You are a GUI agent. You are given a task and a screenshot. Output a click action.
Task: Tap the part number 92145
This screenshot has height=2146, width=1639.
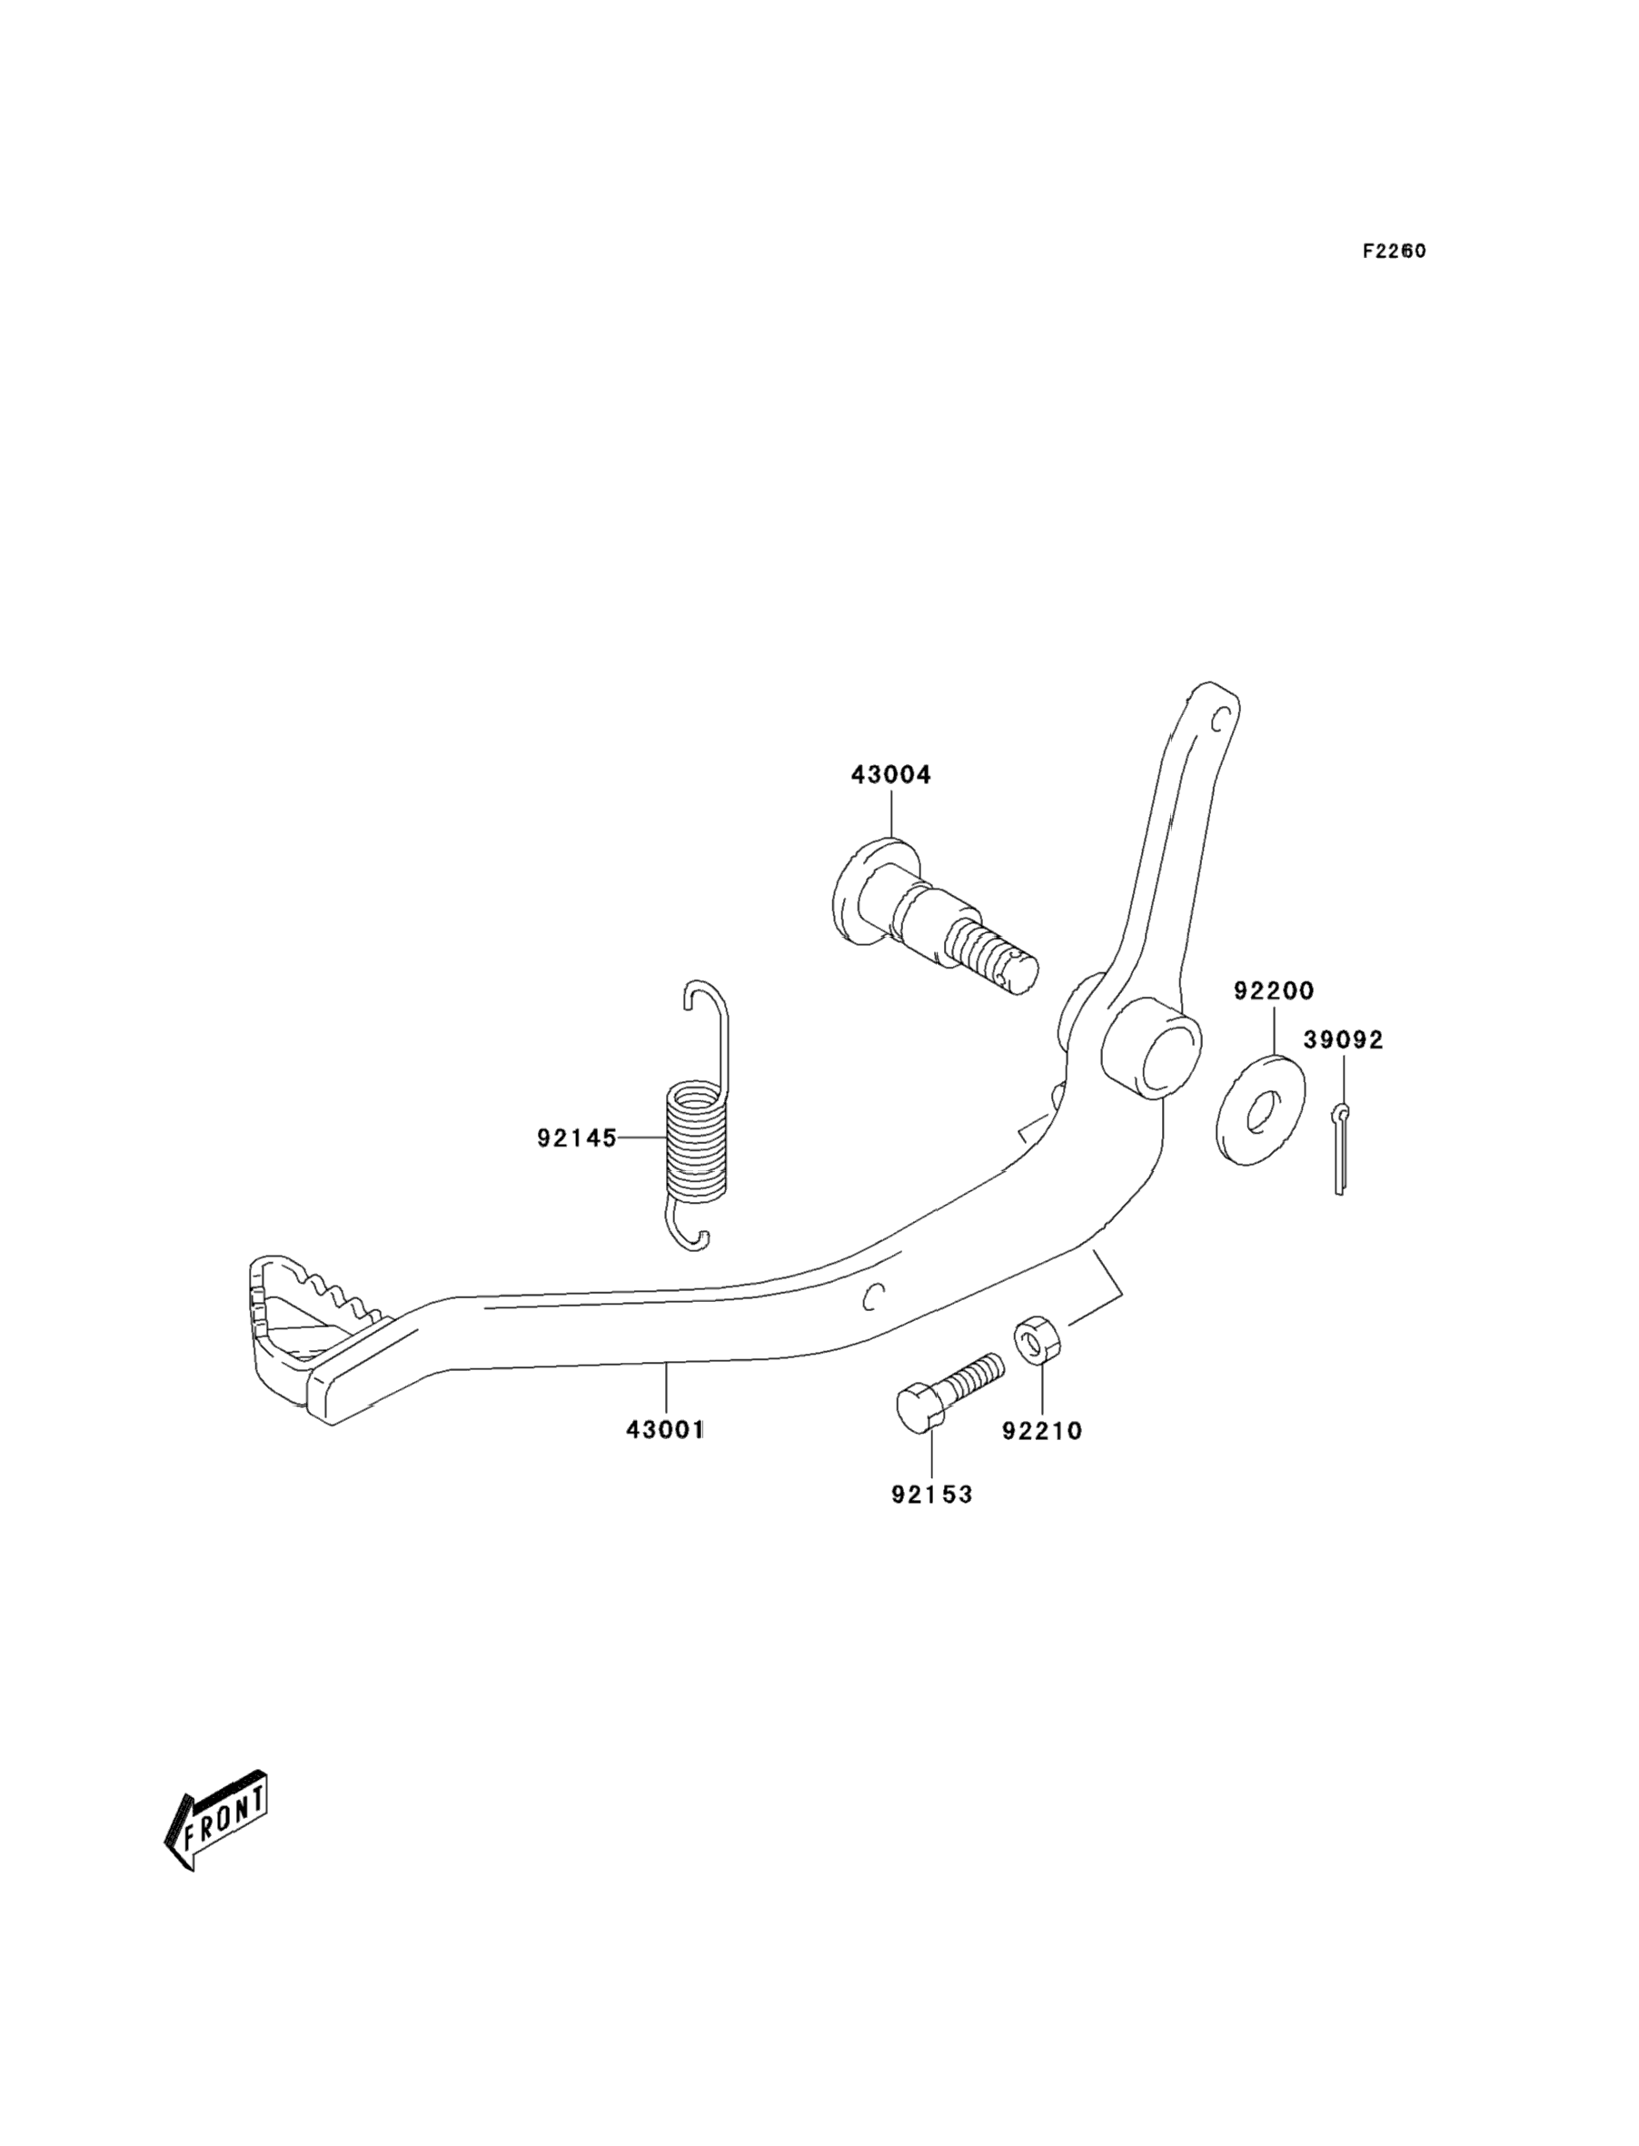(x=577, y=1138)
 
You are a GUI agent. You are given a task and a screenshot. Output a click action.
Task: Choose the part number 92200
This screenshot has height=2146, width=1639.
(x=1274, y=991)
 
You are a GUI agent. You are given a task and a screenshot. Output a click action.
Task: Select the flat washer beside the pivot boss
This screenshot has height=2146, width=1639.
(x=1260, y=1109)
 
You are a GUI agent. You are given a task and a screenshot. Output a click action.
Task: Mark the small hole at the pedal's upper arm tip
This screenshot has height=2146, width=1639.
(x=1217, y=720)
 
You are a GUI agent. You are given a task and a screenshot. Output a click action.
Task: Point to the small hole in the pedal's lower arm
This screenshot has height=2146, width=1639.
(x=874, y=1296)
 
